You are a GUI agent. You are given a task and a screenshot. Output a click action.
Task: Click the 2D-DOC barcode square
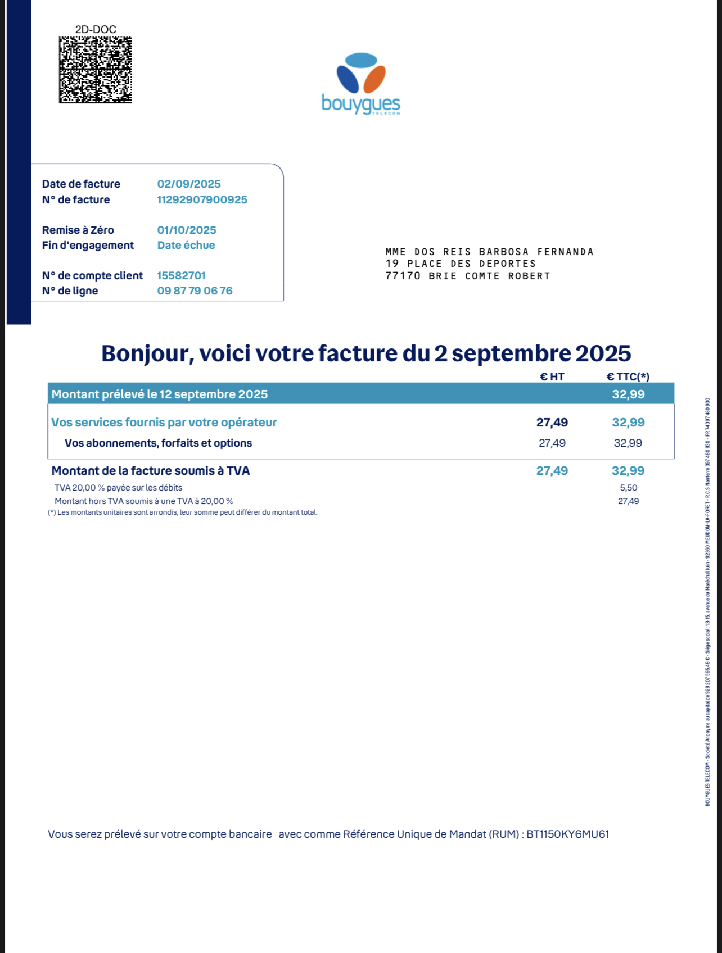(96, 70)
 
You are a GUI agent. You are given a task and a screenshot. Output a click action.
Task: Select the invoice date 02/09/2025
(189, 184)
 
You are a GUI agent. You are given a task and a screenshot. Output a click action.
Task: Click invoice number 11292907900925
(202, 199)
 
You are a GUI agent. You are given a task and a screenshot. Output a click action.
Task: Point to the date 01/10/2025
(187, 230)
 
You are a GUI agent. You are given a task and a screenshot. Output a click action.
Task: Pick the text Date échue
(186, 245)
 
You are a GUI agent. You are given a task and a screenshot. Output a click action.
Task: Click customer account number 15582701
(181, 275)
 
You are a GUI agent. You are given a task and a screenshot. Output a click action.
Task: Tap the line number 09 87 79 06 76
(195, 291)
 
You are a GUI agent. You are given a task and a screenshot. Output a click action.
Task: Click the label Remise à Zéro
(78, 230)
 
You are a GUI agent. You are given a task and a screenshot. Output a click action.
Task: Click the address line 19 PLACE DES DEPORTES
(461, 264)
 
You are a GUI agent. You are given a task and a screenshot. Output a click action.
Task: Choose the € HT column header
(552, 376)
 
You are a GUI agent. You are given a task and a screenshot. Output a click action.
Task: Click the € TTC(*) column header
(628, 376)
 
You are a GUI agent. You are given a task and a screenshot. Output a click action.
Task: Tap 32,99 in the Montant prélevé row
(628, 394)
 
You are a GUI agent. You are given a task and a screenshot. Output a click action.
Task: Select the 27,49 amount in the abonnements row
(552, 443)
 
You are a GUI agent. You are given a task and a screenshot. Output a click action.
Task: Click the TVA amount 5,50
(628, 488)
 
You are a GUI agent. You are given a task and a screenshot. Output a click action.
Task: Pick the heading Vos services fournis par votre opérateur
(164, 422)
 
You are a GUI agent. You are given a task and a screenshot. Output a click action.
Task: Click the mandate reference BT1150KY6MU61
(567, 834)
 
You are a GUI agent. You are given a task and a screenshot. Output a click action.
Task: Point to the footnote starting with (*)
(183, 512)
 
